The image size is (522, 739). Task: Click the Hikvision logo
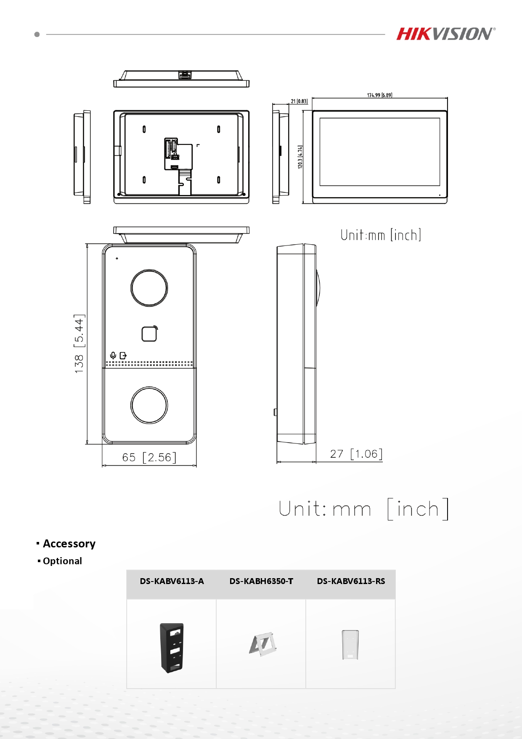446,34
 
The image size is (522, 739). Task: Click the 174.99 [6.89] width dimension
379,95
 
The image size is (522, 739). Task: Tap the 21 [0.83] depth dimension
299,101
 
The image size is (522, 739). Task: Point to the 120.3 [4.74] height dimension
300,157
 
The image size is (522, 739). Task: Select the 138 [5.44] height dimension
79,344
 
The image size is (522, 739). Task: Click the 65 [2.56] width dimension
149,457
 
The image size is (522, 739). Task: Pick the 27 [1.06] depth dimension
356,454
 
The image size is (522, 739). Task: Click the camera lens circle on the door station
149,288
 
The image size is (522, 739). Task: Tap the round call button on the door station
149,405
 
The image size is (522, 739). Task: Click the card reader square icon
149,334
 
